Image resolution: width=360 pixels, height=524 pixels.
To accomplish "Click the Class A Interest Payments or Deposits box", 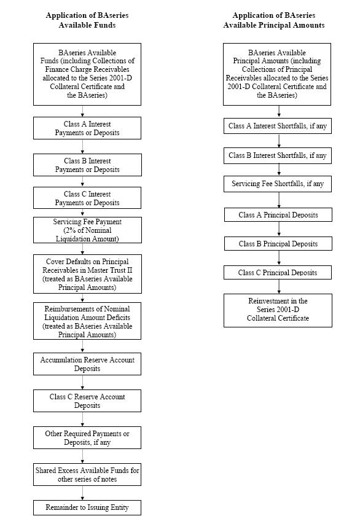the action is point(87,128).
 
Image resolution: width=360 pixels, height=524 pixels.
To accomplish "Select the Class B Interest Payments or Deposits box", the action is point(87,165).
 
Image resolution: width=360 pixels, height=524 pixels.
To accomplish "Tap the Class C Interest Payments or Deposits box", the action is point(87,198).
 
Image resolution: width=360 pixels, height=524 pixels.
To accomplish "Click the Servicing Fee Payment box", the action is point(87,230).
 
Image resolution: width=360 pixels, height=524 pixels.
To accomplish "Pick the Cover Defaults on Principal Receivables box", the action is point(87,274).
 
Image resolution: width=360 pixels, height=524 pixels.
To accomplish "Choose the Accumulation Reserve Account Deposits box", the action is point(87,364).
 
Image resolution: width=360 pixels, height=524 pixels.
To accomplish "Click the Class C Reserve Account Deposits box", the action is point(87,401).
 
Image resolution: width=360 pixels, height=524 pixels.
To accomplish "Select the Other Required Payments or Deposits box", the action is point(87,437).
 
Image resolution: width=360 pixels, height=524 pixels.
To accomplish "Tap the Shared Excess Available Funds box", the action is point(87,474).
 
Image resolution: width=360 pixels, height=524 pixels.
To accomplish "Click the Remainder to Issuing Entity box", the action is point(87,507).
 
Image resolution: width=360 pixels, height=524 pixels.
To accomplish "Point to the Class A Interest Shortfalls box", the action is point(278,126).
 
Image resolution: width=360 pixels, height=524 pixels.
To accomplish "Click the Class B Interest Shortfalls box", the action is point(278,156).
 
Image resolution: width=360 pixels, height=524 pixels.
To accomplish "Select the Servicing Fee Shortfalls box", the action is point(278,184).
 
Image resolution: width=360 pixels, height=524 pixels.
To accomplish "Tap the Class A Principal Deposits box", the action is point(278,215).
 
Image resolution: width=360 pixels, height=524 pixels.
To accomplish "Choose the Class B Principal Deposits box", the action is point(278,244).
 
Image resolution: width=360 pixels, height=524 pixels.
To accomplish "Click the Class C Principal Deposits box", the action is point(278,272).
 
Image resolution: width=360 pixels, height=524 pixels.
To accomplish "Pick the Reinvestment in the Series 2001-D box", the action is point(278,310).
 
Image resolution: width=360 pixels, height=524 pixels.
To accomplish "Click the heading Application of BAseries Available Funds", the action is point(87,20).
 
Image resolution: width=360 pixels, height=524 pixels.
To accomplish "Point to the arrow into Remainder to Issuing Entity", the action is point(82,493).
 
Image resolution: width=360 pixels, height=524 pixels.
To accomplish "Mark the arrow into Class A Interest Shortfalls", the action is point(279,112).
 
